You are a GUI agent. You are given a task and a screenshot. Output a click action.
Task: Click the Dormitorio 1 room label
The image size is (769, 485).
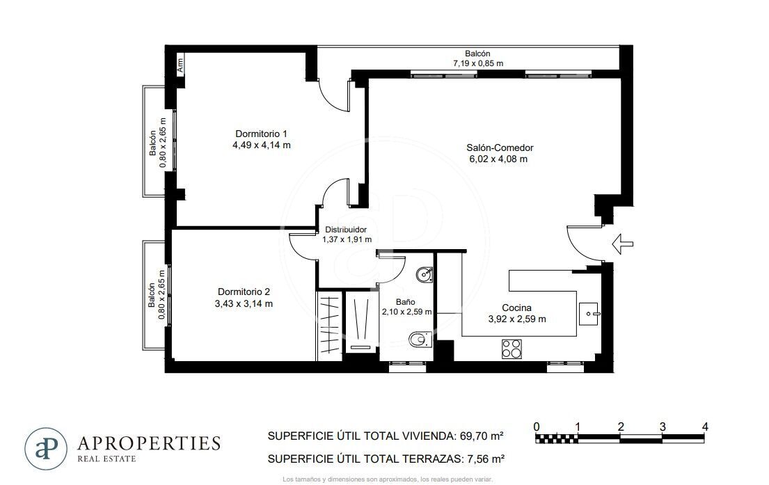pos(261,134)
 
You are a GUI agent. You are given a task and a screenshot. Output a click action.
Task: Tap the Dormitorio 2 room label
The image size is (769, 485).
pos(244,292)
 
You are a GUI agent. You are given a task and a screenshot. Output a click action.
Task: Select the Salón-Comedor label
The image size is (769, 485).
pos(500,148)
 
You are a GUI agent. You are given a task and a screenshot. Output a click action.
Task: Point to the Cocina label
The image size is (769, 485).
pos(516,308)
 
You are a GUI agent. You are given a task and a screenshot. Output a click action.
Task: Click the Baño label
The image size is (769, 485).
pos(406,302)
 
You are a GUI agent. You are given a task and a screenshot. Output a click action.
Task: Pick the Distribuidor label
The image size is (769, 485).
pos(346,230)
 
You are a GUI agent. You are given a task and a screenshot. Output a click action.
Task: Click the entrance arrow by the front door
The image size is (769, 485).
pos(623,244)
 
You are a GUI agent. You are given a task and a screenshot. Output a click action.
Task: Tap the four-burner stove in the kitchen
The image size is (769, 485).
pos(512,349)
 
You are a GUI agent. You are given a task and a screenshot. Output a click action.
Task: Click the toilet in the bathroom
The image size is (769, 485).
pos(420,339)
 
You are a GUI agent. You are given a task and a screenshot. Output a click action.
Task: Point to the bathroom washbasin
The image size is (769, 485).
pos(425,275)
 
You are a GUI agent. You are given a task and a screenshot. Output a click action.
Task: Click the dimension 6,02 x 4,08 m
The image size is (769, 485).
pos(498,159)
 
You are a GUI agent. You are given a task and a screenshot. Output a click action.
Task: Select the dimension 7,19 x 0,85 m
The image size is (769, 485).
pos(477,63)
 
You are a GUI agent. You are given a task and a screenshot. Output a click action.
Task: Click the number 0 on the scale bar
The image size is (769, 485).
pos(537,427)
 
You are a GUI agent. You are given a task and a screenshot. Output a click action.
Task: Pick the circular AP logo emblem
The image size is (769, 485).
pos(46,449)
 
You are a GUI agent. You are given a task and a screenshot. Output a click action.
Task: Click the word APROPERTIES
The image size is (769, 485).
pos(149,443)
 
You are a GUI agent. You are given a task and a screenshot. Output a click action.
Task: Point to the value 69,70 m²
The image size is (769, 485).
pos(482,436)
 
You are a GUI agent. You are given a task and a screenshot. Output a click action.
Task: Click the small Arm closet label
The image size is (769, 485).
pos(180,65)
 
